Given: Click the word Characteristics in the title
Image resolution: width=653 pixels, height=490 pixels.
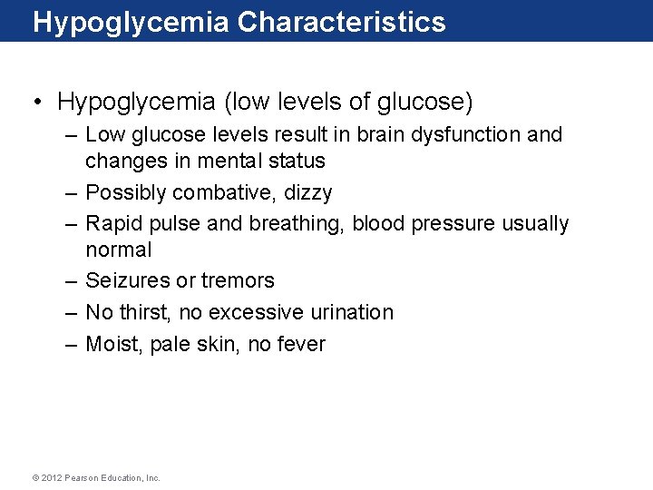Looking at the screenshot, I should point(342,22).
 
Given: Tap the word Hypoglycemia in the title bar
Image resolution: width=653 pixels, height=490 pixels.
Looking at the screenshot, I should point(132,22).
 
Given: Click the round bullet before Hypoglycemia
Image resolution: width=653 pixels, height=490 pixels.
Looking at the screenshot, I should point(39,102).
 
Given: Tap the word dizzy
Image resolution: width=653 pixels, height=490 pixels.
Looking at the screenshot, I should point(308,192).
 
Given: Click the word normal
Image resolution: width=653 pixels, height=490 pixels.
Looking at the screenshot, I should point(119,250).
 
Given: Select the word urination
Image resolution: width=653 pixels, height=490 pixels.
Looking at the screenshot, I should point(349,312).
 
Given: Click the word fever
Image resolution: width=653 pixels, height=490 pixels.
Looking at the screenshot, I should point(299,344).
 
